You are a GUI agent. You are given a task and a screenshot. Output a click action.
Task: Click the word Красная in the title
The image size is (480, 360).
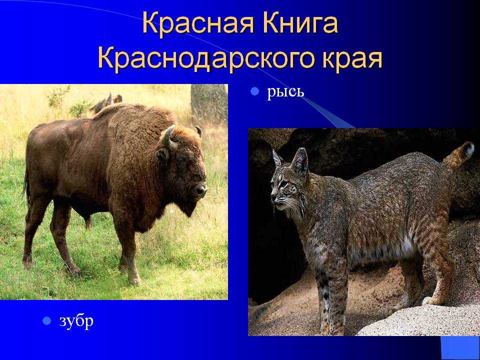(198, 23)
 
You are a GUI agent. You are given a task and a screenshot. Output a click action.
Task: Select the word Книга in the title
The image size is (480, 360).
(300, 23)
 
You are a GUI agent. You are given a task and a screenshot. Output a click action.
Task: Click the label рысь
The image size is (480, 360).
(285, 91)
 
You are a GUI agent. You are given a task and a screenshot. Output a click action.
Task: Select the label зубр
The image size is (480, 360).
(76, 321)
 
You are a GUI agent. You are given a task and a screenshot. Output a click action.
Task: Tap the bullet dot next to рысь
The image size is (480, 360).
(254, 91)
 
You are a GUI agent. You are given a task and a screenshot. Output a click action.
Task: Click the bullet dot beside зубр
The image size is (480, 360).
(46, 321)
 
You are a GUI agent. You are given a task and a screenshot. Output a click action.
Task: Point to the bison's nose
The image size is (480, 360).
(200, 189)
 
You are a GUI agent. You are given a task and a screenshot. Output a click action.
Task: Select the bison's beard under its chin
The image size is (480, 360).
(187, 208)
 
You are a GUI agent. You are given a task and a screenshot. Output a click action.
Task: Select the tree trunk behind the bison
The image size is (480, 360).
(209, 102)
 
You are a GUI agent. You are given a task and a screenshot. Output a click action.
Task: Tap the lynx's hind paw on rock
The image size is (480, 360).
(431, 300)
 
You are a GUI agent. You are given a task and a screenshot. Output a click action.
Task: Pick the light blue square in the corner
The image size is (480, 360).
(460, 348)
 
